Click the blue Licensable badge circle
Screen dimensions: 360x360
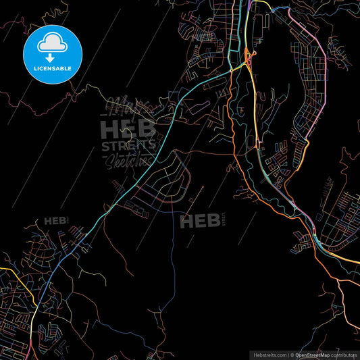(x=53, y=53)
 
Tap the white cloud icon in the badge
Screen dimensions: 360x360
(x=53, y=43)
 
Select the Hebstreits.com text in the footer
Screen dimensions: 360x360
(x=269, y=355)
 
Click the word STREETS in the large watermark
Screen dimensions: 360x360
(x=128, y=146)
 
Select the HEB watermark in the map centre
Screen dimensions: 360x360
(x=200, y=220)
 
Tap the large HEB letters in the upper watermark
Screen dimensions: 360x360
(x=128, y=128)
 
